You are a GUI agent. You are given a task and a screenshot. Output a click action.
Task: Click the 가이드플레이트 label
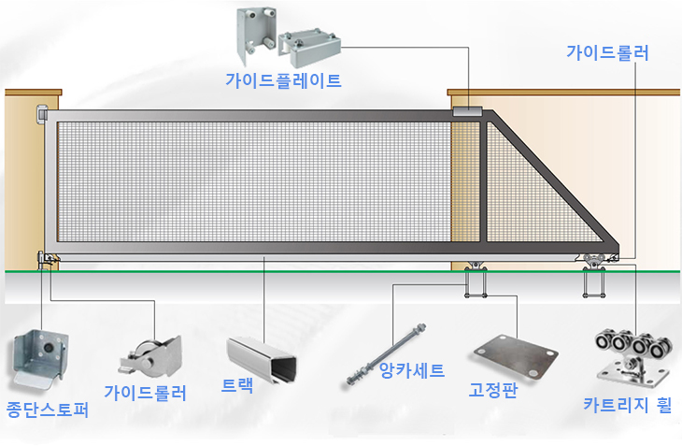283,79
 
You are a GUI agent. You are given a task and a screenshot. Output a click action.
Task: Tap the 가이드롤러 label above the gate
607,52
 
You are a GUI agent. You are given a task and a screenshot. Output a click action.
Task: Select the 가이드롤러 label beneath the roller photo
146,393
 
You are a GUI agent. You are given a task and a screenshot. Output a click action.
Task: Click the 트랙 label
237,385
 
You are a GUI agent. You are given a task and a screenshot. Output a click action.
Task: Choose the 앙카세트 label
413,369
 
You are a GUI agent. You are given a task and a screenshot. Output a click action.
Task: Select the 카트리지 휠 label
627,406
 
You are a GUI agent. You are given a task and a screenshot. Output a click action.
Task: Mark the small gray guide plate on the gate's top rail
466,110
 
